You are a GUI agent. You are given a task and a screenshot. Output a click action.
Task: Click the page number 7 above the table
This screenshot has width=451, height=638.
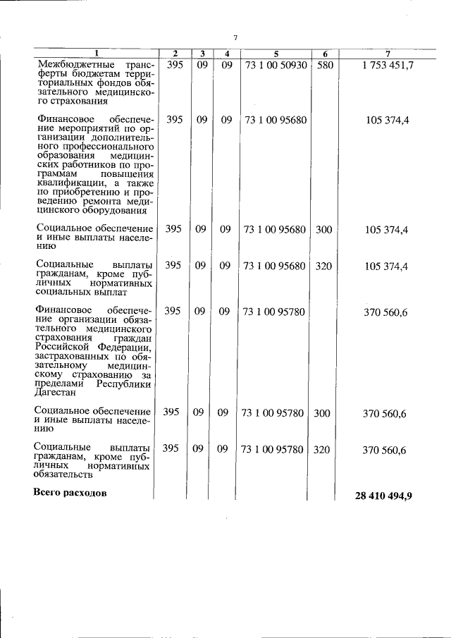tap(237, 37)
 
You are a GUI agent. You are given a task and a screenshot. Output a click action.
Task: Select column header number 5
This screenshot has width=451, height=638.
tap(276, 54)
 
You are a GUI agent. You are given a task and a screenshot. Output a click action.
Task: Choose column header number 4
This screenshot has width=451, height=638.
tap(226, 54)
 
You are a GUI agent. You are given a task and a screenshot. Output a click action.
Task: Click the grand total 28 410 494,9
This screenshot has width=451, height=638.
tap(384, 496)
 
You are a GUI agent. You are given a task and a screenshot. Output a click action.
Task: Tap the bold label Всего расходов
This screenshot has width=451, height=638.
tap(70, 493)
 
